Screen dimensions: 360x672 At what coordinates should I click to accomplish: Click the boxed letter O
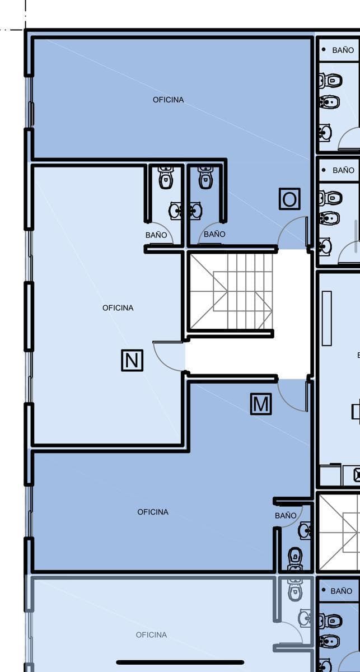pos(289,199)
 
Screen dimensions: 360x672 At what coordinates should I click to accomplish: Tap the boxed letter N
pos(132,360)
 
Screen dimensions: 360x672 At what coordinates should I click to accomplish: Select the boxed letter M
pos(261,404)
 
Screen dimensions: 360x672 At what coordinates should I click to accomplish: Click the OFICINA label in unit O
pos(168,100)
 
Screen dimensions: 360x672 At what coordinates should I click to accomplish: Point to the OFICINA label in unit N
pos(118,308)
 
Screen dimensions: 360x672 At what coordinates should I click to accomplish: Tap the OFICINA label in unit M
pos(153,512)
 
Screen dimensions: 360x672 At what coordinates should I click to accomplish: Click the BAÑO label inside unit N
pos(156,235)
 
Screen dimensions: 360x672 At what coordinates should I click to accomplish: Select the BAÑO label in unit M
pos(286,515)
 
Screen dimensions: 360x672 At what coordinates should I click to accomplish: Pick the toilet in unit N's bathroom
pos(166,178)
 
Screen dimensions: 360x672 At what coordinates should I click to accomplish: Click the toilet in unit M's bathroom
pos(295,559)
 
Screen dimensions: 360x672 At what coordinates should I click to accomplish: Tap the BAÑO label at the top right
pos(343,50)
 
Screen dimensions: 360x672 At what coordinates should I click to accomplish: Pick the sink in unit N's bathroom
pos(175,211)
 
